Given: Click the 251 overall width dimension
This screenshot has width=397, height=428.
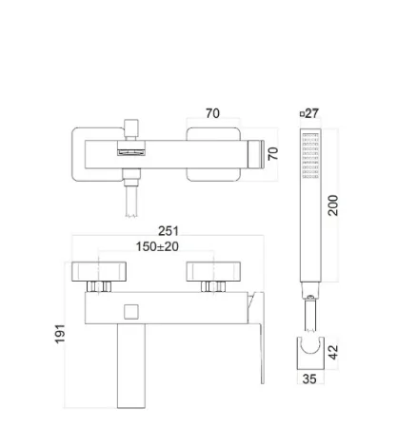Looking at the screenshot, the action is coord(169,231).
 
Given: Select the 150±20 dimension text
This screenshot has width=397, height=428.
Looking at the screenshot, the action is coord(157,246).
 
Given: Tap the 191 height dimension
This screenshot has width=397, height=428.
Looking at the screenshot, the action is coord(60,334).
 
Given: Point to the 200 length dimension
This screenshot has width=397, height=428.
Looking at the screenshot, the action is coord(333,205).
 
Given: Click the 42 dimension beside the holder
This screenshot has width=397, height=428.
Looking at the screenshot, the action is coord(333,353).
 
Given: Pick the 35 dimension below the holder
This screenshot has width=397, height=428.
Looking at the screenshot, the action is coord(309,379).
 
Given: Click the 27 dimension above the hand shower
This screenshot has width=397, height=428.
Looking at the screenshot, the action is coord(311,113).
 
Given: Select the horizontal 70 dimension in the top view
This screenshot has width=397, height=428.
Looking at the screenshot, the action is coord(212,113).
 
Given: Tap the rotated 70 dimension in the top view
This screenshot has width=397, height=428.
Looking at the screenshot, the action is coord(273,154).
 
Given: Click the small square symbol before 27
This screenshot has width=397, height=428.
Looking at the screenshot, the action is coord(303,114).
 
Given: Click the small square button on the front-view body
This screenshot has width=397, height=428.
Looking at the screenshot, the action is coord(131,312).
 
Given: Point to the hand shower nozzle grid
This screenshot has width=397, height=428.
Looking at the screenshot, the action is coord(310,156).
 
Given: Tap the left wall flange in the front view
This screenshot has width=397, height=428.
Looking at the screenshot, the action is coord(99,272).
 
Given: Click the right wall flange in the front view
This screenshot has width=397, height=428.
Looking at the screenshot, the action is coord(213,272).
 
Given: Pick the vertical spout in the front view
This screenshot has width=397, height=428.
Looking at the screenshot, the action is coord(131,366).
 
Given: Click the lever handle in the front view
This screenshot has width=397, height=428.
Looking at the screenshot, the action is coord(258,338).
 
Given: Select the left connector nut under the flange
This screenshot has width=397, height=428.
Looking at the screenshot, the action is coord(99,286).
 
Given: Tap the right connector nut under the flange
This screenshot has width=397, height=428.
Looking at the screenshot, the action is coord(213,286).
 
